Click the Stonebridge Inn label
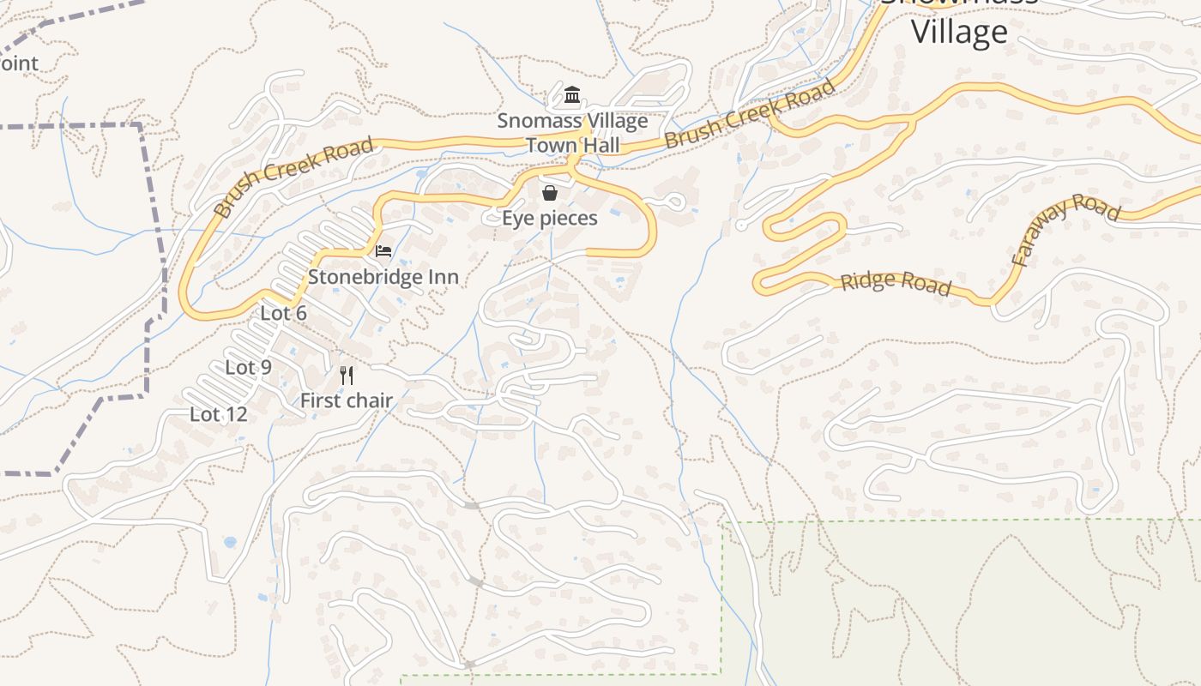pyautogui.click(x=383, y=277)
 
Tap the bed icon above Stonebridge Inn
pyautogui.click(x=383, y=251)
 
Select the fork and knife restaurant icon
pyautogui.click(x=347, y=375)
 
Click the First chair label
pyautogui.click(x=346, y=400)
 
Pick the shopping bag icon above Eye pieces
pyautogui.click(x=550, y=193)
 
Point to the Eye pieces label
pyautogui.click(x=549, y=219)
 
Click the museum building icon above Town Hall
pyautogui.click(x=572, y=93)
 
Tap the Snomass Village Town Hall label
pyautogui.click(x=572, y=133)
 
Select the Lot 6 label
pyautogui.click(x=283, y=314)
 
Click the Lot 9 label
pyautogui.click(x=248, y=368)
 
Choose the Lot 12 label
pyautogui.click(x=218, y=415)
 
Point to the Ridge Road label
pyautogui.click(x=896, y=284)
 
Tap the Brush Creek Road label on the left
pyautogui.click(x=293, y=176)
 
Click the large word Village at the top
pyautogui.click(x=958, y=33)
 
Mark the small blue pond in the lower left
pyautogui.click(x=229, y=542)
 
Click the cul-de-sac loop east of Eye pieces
pyautogui.click(x=676, y=203)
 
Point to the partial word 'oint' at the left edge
pyautogui.click(x=19, y=63)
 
